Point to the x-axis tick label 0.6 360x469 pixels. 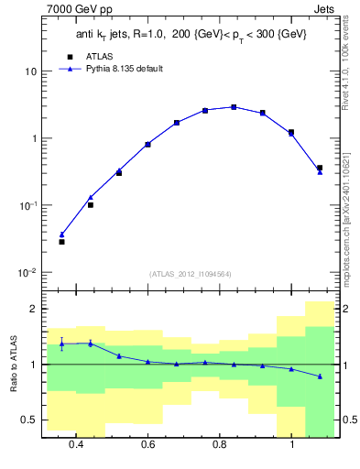point(147,444)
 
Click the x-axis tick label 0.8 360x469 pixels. point(220,444)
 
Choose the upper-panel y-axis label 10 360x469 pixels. point(30,71)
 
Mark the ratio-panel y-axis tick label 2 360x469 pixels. point(33,310)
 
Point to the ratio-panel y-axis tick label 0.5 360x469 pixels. point(29,420)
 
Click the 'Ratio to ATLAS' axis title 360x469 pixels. point(12,365)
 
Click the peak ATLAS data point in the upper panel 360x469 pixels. point(235,107)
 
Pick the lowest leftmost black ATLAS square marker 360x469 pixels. point(62,242)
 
